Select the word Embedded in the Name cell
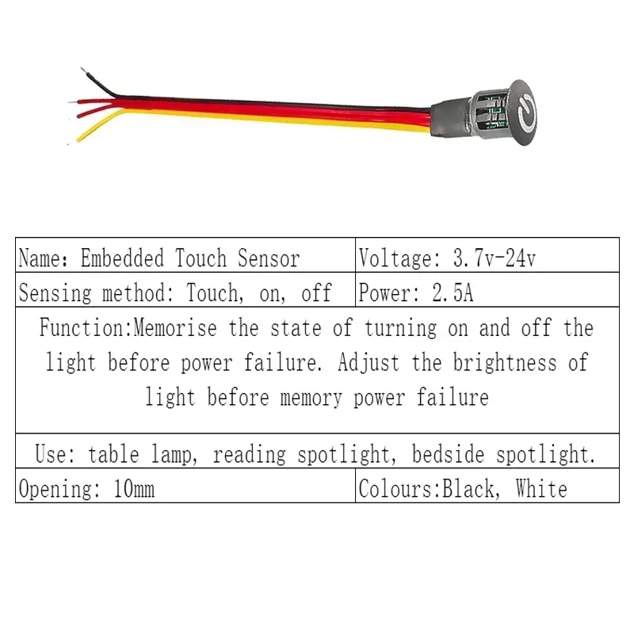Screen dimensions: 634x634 [x=124, y=258]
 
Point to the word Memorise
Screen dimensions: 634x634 [x=178, y=328]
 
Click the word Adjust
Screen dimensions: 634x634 [x=369, y=363]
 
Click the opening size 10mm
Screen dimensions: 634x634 [x=134, y=488]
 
